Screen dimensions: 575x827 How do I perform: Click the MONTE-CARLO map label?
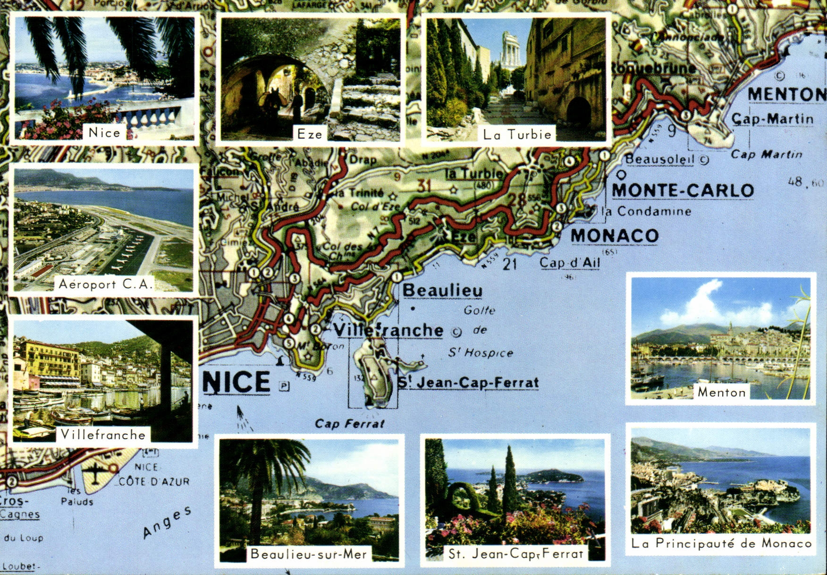(683, 191)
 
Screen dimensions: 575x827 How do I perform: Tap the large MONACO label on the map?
(615, 236)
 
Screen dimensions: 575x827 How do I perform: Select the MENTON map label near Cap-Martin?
(786, 94)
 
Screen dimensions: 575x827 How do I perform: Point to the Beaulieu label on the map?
(442, 291)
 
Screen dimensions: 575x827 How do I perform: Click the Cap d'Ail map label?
(570, 263)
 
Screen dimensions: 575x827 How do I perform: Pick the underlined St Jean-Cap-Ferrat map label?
(468, 383)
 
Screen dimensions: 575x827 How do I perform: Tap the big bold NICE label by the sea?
(236, 382)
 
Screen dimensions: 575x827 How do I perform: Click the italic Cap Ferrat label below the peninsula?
(349, 424)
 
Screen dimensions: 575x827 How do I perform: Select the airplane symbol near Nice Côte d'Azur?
(95, 474)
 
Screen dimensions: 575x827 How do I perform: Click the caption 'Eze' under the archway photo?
(310, 134)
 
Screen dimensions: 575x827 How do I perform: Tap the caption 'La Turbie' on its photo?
(517, 134)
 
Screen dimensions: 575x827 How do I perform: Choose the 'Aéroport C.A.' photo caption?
(106, 284)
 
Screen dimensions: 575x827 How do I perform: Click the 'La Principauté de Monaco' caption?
(721, 543)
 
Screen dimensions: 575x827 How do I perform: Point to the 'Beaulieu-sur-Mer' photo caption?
(309, 554)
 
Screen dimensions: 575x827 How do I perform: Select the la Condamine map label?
(648, 211)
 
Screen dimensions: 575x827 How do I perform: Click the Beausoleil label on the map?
(660, 159)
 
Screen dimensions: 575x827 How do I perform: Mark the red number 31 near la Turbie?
(424, 185)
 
